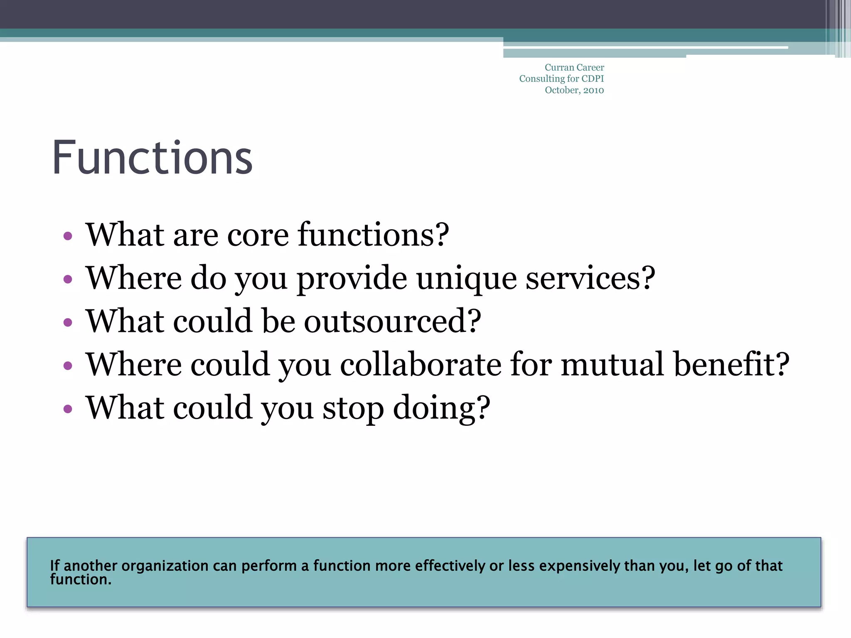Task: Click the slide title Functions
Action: pyautogui.click(x=152, y=158)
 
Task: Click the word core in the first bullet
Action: pyautogui.click(x=258, y=235)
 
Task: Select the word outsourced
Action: pyautogui.click(x=392, y=321)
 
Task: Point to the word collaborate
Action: pyautogui.click(x=421, y=365)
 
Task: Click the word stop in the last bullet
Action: pyautogui.click(x=353, y=409)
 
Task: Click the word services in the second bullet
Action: pyautogui.click(x=590, y=278)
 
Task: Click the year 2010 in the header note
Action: pyautogui.click(x=593, y=90)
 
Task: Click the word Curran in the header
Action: pyautogui.click(x=556, y=67)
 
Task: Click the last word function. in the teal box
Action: pyautogui.click(x=81, y=580)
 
